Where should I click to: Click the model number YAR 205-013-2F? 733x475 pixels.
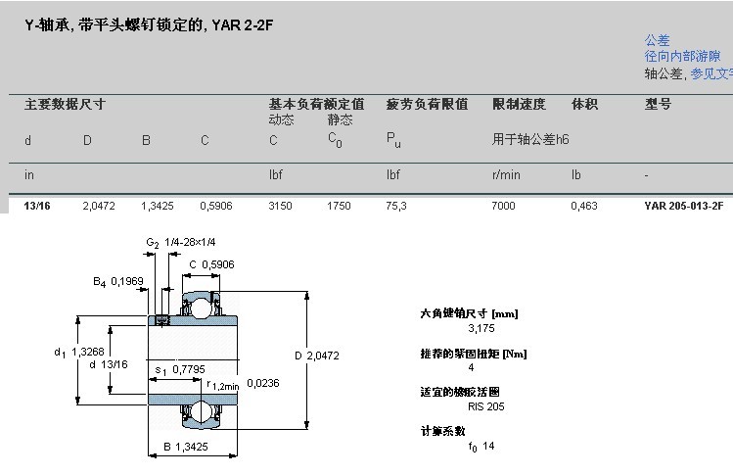683,206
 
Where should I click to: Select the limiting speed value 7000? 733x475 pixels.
503,206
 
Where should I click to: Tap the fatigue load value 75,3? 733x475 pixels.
396,206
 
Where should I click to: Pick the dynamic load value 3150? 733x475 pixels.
280,206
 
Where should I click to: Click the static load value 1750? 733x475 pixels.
339,206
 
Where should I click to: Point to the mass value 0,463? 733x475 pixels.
584,206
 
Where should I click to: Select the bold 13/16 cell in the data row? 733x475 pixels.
37,206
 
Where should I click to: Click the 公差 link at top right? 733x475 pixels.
658,40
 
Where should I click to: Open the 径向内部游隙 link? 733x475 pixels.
682,56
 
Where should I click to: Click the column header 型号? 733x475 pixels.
658,104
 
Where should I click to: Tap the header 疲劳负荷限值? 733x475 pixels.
427,104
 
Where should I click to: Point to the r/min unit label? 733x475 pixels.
506,175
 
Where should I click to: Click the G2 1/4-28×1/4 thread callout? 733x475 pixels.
180,243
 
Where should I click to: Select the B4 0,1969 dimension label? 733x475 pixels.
117,281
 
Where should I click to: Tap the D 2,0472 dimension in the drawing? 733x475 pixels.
316,356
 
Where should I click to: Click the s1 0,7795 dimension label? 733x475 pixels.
180,369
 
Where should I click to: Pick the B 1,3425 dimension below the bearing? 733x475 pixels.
186,447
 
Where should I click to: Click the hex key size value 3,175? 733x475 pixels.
481,328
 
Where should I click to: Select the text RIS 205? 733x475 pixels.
486,406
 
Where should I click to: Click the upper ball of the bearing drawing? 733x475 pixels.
201,309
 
